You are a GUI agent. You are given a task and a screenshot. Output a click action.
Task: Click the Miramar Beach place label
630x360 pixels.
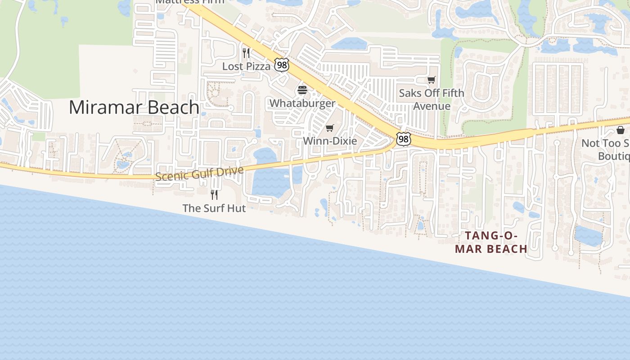pos(134,108)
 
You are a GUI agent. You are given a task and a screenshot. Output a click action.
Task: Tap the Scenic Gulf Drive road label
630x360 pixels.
pos(199,173)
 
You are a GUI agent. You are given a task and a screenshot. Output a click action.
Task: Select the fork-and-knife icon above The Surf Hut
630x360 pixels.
pos(214,194)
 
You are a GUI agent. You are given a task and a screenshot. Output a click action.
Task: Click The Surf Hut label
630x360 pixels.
pos(214,208)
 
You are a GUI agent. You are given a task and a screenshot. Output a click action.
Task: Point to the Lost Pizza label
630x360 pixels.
pos(247,67)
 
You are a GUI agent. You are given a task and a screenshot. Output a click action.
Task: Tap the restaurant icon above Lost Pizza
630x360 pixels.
pos(246,53)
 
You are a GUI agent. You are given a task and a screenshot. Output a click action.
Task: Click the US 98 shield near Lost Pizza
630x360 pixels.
pos(282,65)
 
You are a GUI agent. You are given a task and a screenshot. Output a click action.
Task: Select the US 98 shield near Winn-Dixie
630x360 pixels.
pos(403,139)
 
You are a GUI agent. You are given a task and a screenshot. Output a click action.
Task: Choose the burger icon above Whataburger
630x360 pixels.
pos(302,90)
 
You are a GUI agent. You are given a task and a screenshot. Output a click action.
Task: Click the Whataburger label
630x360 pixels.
pos(302,103)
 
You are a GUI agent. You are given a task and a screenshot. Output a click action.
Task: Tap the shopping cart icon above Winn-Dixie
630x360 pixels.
pos(330,128)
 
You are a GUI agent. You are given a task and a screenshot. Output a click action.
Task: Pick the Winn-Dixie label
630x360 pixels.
pos(330,141)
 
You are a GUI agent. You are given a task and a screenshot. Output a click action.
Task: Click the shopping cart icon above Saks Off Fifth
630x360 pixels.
pos(432,80)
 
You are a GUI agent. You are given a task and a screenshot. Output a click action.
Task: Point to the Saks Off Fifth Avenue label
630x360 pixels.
pos(432,99)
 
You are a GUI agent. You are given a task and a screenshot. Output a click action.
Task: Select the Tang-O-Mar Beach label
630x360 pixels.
pos(491,242)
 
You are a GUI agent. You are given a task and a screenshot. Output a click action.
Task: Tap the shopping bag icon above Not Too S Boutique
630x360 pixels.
pos(621,130)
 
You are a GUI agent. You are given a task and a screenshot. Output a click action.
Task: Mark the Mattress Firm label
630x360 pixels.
pos(189,2)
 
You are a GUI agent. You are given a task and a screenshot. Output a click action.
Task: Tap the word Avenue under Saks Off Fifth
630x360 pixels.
pos(432,106)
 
